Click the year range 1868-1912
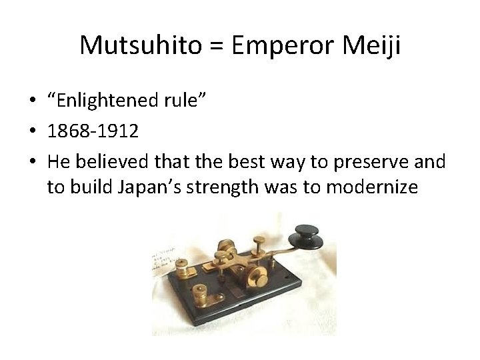(93, 131)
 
